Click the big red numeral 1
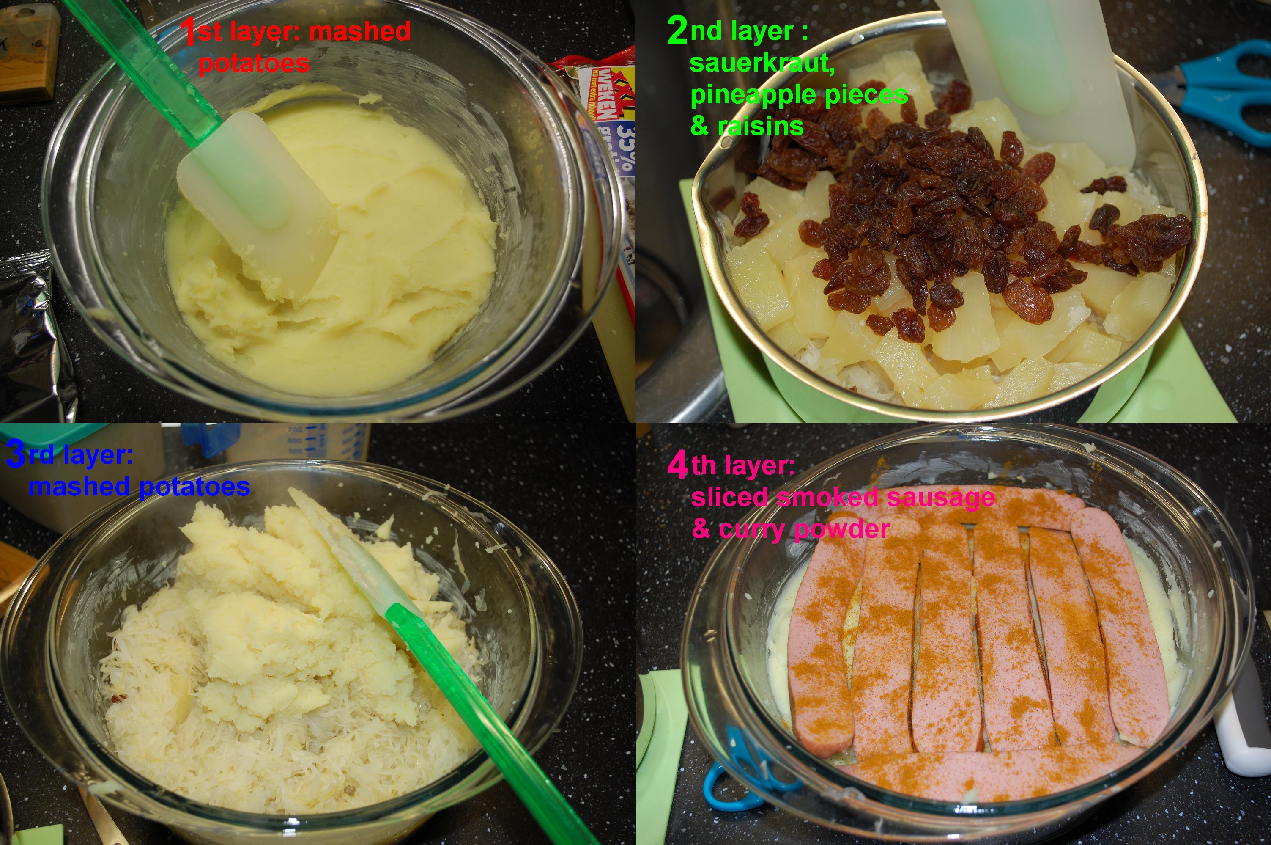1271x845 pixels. pos(189,32)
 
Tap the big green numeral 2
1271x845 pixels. pos(677,31)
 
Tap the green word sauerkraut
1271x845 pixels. pos(762,63)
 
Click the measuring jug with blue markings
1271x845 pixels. pos(301,442)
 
